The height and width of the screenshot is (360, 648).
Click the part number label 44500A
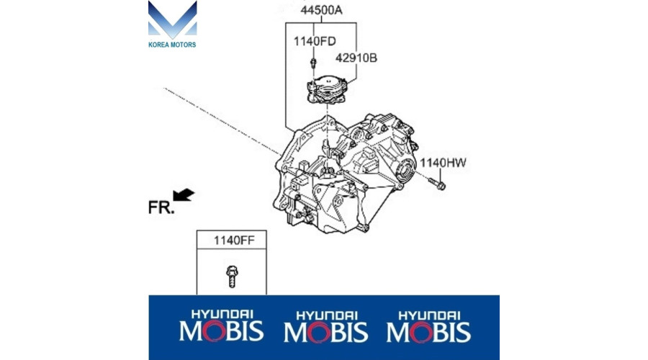[x=321, y=10]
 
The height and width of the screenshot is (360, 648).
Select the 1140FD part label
[x=315, y=41]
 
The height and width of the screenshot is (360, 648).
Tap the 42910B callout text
[x=356, y=58]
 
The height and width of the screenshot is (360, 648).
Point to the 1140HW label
[x=443, y=163]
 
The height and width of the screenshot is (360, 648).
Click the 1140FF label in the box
[x=234, y=240]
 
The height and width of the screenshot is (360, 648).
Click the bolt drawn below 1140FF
[x=232, y=276]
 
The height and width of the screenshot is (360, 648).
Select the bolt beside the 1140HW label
[x=436, y=184]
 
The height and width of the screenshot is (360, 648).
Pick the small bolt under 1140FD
[x=313, y=63]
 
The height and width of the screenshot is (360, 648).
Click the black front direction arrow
[x=184, y=194]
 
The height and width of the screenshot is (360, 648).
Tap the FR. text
[x=161, y=207]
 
